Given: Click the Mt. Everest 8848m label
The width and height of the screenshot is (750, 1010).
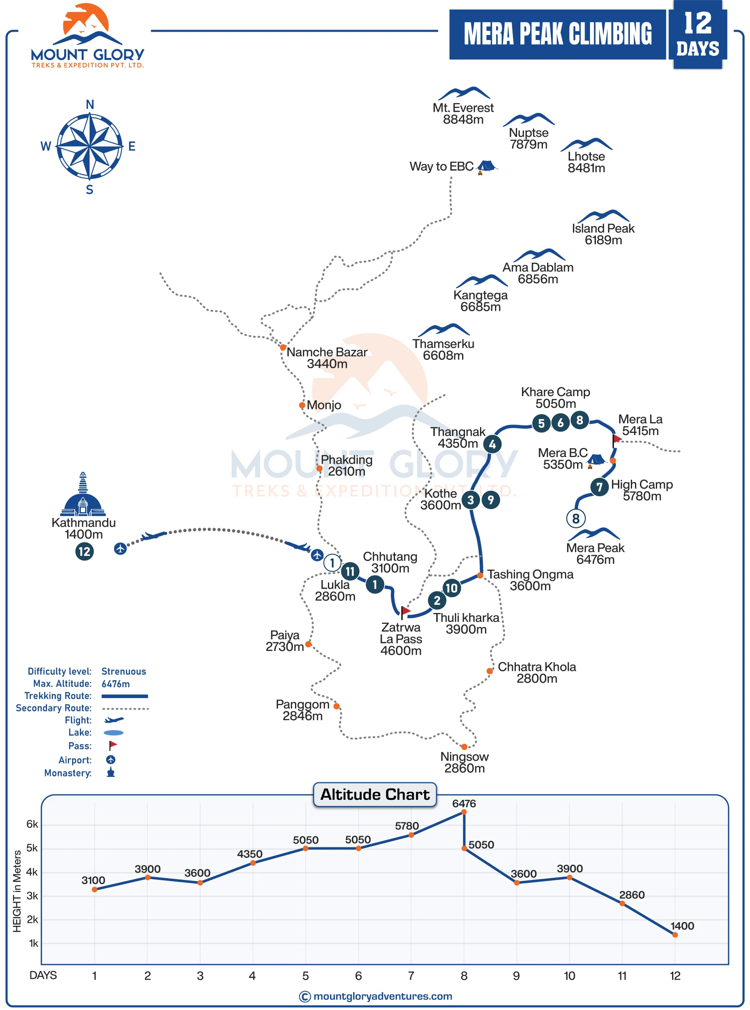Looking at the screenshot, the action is pos(462,113).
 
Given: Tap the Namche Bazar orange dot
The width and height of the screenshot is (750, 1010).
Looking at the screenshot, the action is pos(283,347).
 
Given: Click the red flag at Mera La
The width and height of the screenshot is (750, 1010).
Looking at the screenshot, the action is pos(617,440).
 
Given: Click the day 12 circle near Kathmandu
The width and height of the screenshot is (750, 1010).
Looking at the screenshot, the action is pos(85,552).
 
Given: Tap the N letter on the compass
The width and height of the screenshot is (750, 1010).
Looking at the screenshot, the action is pos(90,105).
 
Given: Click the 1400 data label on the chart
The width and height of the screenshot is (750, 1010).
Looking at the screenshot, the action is pos(682,926).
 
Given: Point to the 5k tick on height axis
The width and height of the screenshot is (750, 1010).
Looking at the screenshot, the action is pos(32,848).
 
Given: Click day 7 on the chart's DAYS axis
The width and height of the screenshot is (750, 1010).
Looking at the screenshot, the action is pos(411,976).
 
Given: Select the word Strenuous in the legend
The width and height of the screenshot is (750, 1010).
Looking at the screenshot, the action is pos(123,671).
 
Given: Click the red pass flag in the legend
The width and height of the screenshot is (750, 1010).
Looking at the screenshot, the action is pos(112,745).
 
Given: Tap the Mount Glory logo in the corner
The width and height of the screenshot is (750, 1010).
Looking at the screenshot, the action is pos(87,36).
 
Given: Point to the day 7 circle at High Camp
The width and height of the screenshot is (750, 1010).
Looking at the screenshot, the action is pos(599,487).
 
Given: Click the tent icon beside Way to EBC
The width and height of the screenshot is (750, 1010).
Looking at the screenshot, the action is pos(486,167).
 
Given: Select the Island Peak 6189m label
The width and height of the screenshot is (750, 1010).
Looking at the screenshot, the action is pos(603,234).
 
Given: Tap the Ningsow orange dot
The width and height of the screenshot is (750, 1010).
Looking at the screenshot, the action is pos(464,746).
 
